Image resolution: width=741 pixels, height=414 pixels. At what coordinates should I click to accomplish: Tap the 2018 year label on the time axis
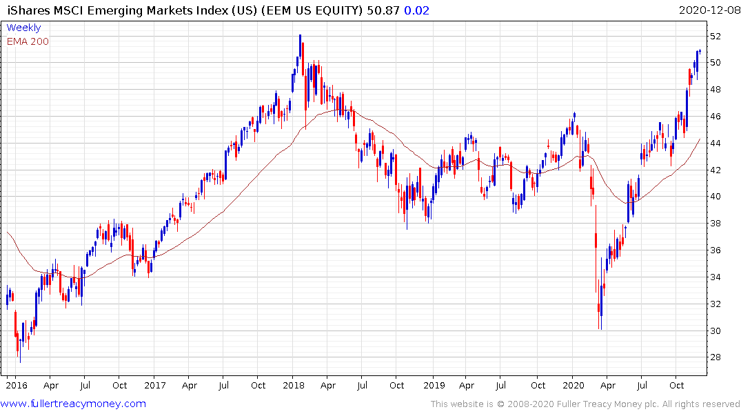click(x=294, y=386)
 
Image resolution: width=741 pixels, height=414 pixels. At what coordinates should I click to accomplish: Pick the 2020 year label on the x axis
click(x=573, y=386)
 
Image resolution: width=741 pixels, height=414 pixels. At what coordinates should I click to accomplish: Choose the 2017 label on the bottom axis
click(x=154, y=386)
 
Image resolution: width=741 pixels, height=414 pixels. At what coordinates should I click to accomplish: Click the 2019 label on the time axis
click(x=434, y=386)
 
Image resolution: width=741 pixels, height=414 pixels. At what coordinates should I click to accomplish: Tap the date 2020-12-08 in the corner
click(x=708, y=10)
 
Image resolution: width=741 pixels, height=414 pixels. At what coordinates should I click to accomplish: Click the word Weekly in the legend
click(x=23, y=28)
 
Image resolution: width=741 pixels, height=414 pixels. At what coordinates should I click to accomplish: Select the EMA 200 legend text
click(x=28, y=41)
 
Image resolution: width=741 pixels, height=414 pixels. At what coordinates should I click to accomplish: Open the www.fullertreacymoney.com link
click(x=74, y=404)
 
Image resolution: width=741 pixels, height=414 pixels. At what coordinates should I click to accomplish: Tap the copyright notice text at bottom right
click(x=585, y=404)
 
